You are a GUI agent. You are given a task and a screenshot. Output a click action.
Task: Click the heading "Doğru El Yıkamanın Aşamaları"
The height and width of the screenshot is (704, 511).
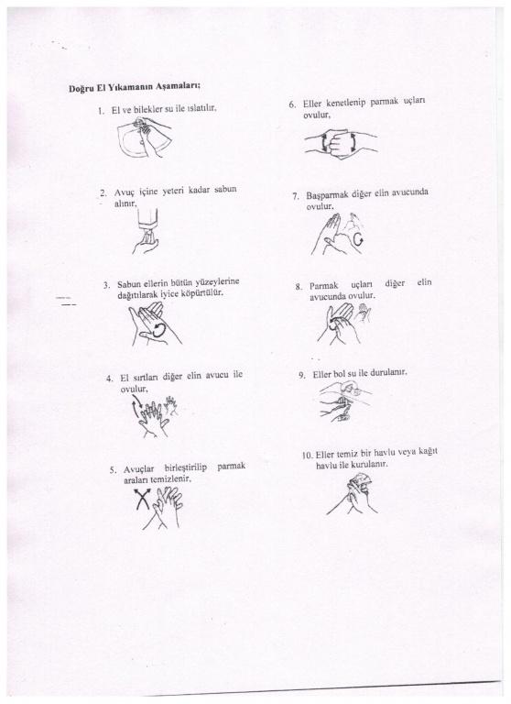click(134, 87)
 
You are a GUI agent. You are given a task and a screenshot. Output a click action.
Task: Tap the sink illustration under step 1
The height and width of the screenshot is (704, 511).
click(145, 137)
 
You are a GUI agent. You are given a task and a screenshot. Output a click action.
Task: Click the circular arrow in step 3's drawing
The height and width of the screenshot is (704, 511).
click(158, 330)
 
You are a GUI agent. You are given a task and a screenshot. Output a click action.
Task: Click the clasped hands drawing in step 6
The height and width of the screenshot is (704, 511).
click(341, 142)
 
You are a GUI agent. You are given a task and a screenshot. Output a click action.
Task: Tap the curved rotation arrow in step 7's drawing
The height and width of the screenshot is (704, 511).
click(357, 239)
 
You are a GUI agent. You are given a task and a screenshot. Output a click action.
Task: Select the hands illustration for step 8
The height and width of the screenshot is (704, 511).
click(344, 323)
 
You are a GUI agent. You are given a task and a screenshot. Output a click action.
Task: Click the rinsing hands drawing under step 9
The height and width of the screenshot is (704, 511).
click(345, 401)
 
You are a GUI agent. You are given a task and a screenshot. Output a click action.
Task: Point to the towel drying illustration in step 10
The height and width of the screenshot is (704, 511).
click(353, 494)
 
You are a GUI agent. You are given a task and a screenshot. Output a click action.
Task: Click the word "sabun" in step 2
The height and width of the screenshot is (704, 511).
click(225, 190)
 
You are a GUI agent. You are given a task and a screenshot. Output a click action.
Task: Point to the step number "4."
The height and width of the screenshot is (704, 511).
click(110, 378)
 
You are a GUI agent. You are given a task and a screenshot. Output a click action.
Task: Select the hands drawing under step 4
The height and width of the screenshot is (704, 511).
click(155, 416)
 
